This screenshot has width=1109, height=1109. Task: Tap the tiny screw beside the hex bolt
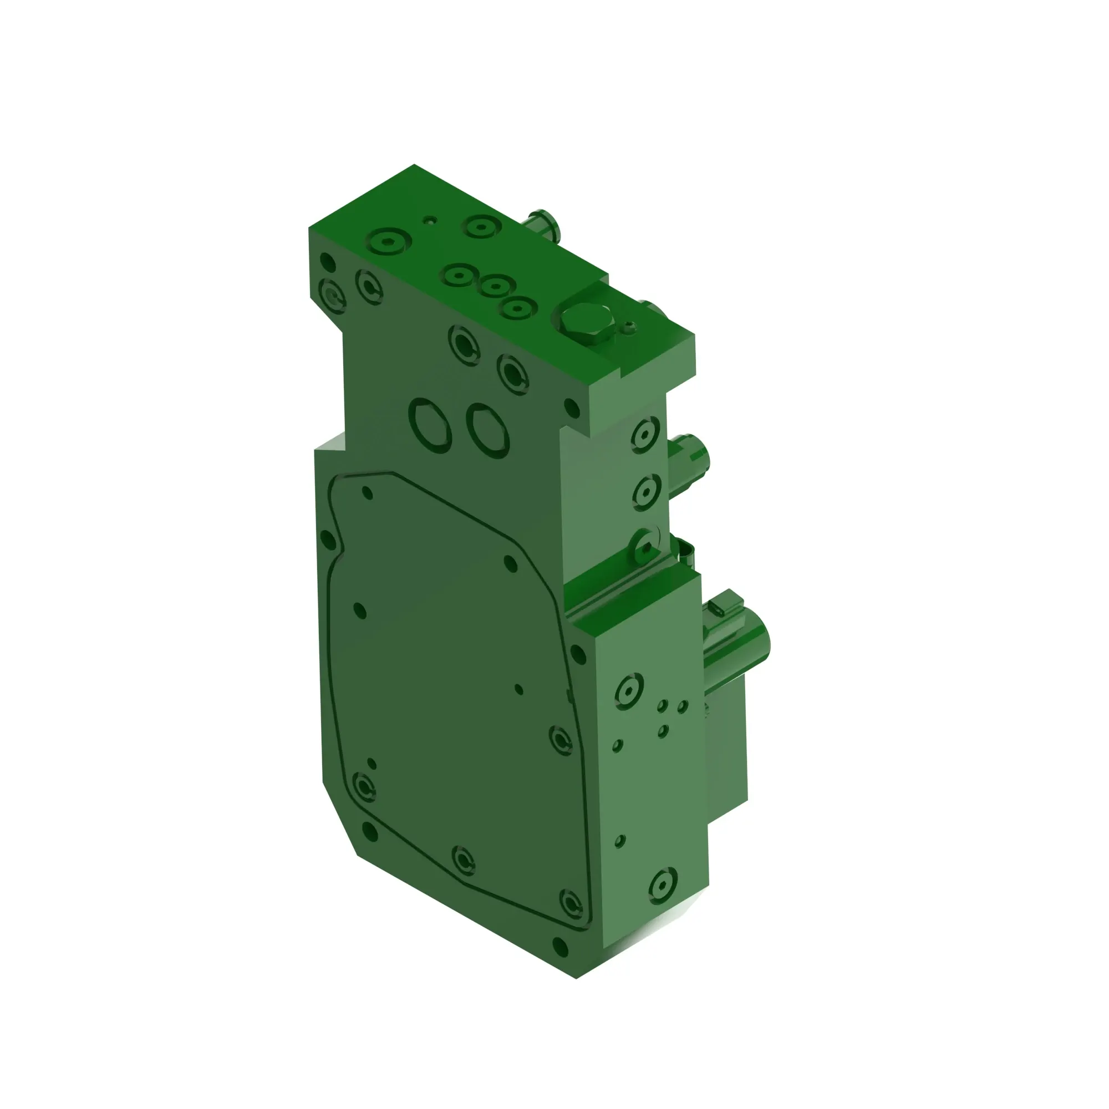(630, 328)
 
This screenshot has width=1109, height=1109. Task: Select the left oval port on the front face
(430, 425)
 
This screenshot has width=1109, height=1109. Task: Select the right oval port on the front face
(488, 430)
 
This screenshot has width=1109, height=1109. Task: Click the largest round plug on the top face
(389, 243)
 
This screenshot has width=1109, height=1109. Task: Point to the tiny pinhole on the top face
(429, 220)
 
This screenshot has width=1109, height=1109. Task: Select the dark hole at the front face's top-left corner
(327, 262)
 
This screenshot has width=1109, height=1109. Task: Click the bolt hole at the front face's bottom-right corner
(559, 945)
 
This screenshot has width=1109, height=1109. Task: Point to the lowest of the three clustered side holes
(663, 731)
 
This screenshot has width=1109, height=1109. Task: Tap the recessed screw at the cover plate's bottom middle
(464, 860)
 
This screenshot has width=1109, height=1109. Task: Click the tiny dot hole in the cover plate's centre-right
(519, 689)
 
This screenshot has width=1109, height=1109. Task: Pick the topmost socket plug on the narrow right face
(645, 434)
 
